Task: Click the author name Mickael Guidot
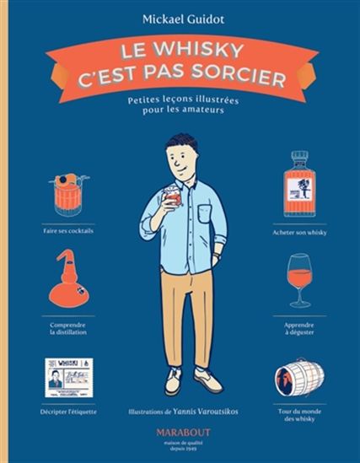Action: [x=179, y=15]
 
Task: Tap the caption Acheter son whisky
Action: [x=299, y=230]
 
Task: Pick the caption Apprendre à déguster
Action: [x=299, y=328]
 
